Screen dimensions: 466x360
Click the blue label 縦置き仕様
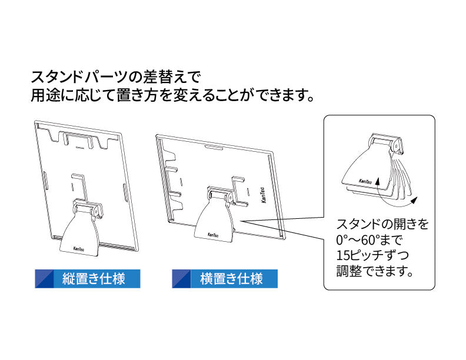(87, 279)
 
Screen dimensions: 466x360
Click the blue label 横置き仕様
(225, 279)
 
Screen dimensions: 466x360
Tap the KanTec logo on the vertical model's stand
(79, 249)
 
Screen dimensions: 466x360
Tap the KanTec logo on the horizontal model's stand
(213, 235)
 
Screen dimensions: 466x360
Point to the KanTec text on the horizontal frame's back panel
(264, 195)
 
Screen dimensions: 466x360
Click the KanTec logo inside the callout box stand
(365, 182)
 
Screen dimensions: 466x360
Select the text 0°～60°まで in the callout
(369, 239)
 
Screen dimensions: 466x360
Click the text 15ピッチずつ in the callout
(372, 255)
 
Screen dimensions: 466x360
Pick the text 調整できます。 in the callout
(375, 271)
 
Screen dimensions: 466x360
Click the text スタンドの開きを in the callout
(382, 224)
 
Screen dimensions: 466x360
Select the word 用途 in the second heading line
(46, 95)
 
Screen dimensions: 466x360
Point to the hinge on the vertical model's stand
(88, 207)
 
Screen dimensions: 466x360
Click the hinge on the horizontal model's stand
(221, 194)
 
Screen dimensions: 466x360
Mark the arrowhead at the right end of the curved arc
(414, 201)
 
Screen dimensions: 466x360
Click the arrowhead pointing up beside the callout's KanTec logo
(377, 181)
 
